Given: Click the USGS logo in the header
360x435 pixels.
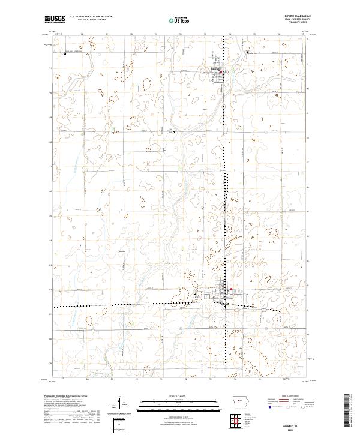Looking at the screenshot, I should (55, 19).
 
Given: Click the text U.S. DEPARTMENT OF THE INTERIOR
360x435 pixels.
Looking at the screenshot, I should (91, 17).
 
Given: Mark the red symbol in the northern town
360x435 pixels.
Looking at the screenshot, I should (221, 73).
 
